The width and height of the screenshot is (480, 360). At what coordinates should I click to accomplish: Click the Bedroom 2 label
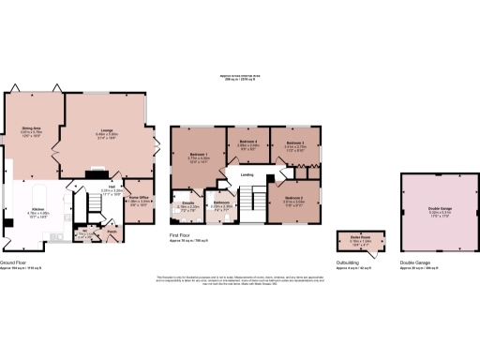(292, 198)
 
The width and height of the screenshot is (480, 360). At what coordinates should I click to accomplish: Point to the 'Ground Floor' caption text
(13, 263)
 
